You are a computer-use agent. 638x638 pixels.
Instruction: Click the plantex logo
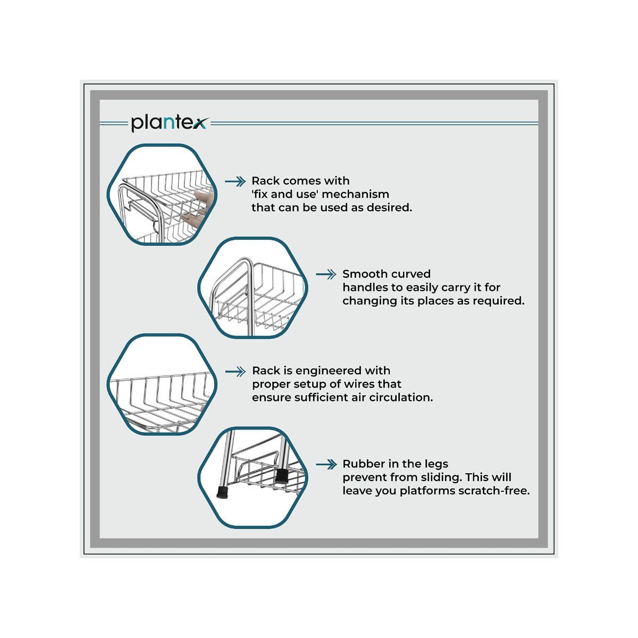170,123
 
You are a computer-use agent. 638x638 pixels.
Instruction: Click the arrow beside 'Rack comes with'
235,181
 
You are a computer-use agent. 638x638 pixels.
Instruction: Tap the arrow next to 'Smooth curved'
326,274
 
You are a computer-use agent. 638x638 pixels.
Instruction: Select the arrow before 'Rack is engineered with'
236,372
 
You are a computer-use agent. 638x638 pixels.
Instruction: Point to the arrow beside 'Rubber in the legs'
326,465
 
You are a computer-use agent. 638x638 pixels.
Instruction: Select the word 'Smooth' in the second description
364,274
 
